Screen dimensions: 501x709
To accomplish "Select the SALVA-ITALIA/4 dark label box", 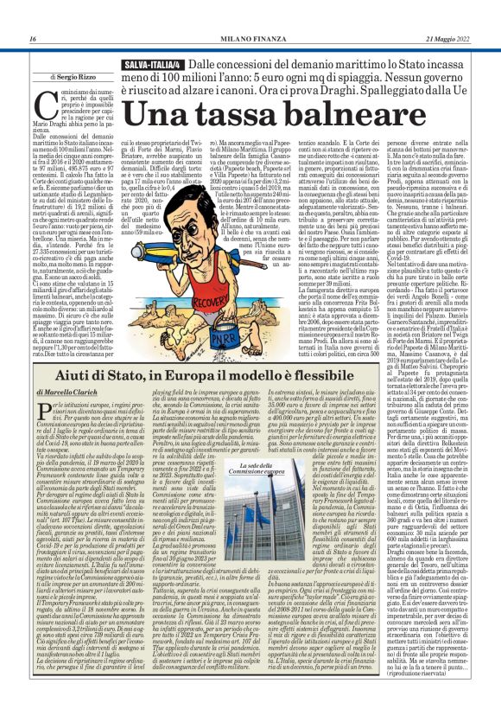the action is click(155, 65).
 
